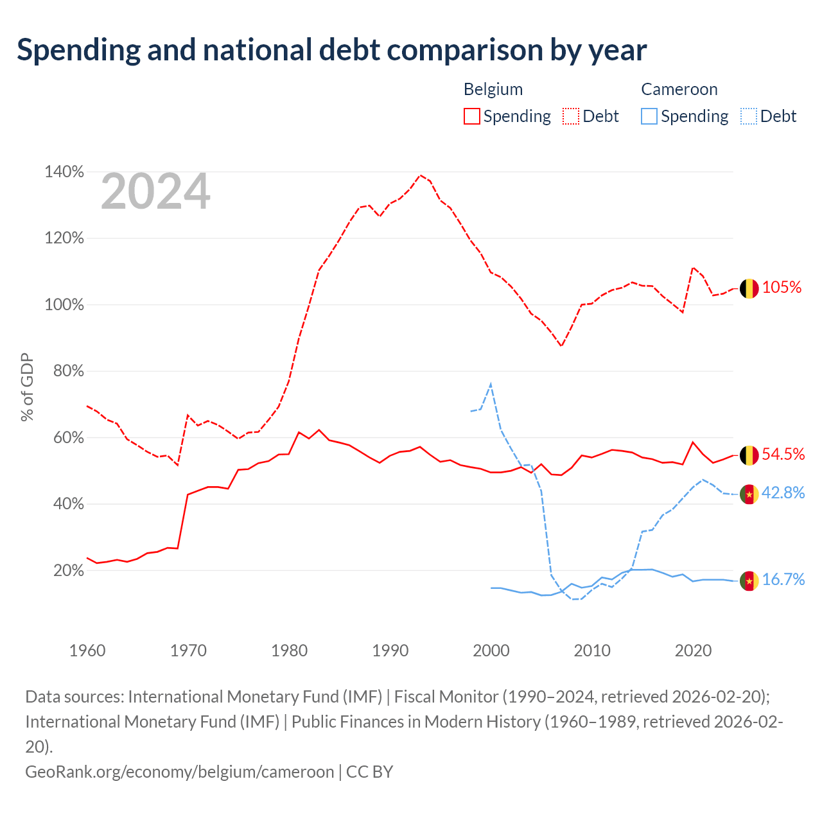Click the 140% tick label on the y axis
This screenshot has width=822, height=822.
[x=64, y=171]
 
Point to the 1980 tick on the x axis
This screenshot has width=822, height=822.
[x=289, y=651]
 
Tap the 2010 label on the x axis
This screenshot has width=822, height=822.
[x=591, y=651]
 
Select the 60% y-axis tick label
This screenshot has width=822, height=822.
[x=68, y=437]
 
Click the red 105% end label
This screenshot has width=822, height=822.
[x=782, y=287]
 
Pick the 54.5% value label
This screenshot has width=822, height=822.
[x=783, y=454]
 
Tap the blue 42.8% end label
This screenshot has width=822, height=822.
[x=783, y=493]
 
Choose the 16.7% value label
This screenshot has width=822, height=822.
[x=783, y=579]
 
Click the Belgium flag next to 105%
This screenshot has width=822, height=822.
[x=749, y=289]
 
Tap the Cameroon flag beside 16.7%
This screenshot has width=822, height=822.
[x=749, y=581]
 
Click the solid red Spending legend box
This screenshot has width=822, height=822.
[x=472, y=116]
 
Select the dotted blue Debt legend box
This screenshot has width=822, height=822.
[x=749, y=116]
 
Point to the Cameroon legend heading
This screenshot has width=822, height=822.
[x=679, y=89]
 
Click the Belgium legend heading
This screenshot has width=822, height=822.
[x=493, y=89]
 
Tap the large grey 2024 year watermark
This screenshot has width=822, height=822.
[x=155, y=191]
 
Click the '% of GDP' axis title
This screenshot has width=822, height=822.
[x=27, y=387]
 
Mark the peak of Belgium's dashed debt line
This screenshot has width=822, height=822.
[x=420, y=175]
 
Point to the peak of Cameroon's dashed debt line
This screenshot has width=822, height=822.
[x=491, y=383]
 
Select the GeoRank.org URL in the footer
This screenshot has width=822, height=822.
[x=180, y=772]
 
